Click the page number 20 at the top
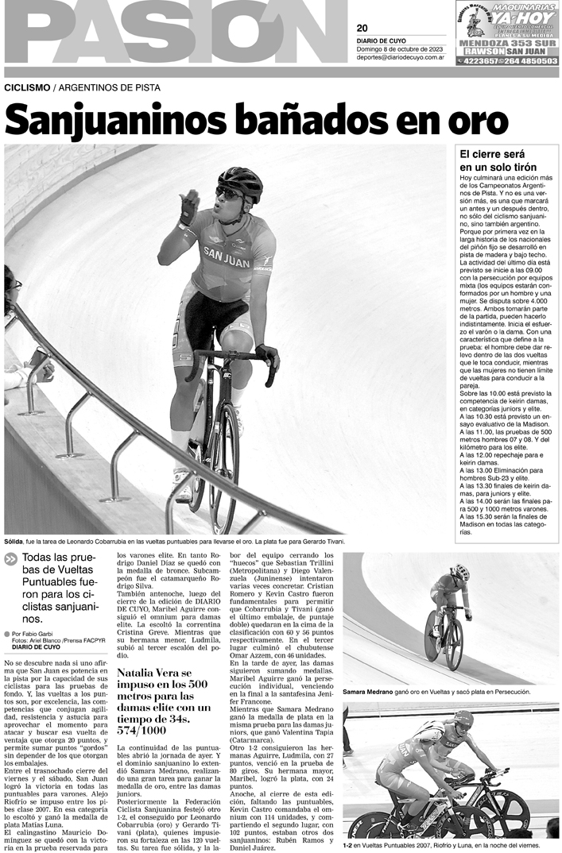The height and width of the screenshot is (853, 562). (362, 28)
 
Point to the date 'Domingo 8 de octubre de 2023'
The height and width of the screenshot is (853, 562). (399, 49)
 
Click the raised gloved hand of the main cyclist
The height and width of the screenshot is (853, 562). (189, 204)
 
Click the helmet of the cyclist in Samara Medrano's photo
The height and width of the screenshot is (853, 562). (460, 571)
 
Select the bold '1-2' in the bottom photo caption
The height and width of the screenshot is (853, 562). (347, 847)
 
